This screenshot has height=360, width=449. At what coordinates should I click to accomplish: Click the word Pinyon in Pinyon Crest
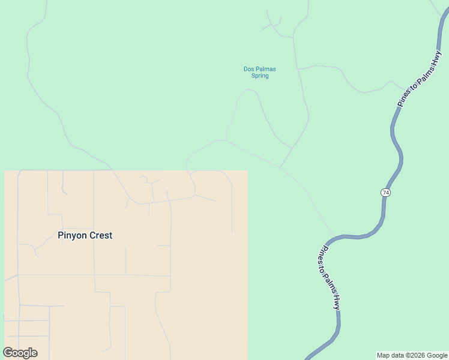[x=73, y=236]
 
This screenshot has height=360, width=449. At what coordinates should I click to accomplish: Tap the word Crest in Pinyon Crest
[x=101, y=236]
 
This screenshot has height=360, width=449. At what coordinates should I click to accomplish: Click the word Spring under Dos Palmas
[x=260, y=76]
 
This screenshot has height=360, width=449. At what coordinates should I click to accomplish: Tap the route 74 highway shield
[x=385, y=193]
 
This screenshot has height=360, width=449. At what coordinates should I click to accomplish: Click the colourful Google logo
[x=20, y=353]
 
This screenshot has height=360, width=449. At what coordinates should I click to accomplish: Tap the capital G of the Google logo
[x=8, y=353]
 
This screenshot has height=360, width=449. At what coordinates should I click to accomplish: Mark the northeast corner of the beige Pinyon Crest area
[x=248, y=170]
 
